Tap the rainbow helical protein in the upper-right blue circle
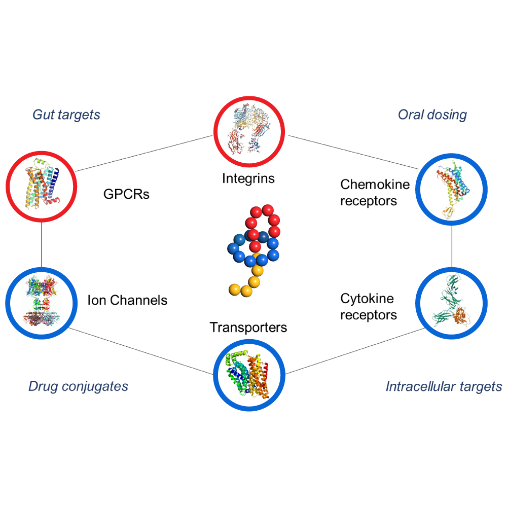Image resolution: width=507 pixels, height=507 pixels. (449, 185)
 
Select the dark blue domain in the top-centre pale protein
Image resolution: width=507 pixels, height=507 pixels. (262, 145)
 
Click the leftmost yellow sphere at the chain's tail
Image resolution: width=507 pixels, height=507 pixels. (234, 289)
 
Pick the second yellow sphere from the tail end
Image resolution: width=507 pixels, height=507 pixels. (246, 291)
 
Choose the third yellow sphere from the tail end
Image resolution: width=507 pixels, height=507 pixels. (254, 281)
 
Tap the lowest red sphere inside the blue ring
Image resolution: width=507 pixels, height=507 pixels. (255, 246)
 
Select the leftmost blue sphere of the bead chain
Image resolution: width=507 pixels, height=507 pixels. (233, 249)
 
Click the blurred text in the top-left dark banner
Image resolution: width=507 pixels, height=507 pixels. (76, 116)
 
